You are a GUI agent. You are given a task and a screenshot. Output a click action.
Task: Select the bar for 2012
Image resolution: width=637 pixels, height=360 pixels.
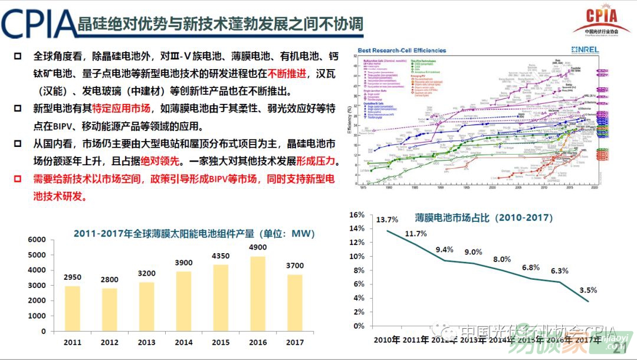point(110,309)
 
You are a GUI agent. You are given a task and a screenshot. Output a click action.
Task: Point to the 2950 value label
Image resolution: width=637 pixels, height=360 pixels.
point(73,277)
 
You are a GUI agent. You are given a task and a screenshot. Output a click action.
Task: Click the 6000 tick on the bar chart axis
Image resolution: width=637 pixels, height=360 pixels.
point(37,240)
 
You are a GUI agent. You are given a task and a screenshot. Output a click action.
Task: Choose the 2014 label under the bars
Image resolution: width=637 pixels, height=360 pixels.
point(183,343)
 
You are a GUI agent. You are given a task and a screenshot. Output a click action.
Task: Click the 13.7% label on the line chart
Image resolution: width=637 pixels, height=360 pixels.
point(387,220)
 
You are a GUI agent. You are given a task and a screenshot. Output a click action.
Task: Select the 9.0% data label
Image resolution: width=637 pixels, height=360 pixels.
point(473,252)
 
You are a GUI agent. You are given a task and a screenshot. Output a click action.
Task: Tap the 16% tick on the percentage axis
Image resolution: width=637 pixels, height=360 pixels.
point(357,215)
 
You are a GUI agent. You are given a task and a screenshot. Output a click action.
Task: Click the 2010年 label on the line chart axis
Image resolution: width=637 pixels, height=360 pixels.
point(387,340)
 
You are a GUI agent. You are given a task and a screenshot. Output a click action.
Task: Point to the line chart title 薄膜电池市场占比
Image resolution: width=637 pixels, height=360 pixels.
point(484,217)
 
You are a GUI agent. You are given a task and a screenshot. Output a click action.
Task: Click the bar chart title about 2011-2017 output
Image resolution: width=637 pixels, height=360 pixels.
point(194,233)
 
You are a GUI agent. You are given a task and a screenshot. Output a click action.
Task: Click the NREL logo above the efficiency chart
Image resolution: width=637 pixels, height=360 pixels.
point(585,50)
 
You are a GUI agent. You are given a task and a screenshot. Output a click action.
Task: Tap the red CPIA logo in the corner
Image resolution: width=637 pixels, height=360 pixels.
point(600,20)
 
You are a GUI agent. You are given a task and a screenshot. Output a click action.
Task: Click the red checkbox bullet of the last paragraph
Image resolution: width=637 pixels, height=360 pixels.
point(18,179)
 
